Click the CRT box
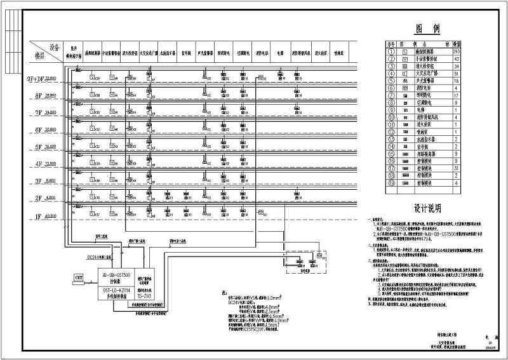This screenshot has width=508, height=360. click(x=79, y=278)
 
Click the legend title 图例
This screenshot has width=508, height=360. click(x=424, y=29)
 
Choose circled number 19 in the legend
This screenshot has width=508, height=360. click(x=392, y=183)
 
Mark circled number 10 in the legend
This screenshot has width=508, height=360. click(x=392, y=117)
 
